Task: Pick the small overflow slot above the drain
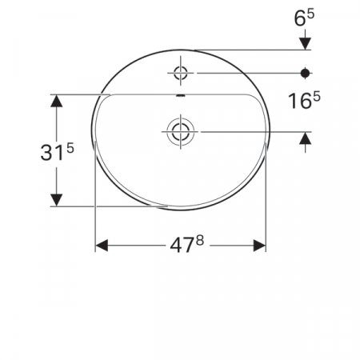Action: (x=181, y=98)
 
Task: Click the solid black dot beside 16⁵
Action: (x=305, y=74)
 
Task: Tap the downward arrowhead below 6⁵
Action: (x=305, y=41)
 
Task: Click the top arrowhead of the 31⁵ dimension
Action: (x=57, y=102)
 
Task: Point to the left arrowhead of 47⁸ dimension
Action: (x=102, y=245)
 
